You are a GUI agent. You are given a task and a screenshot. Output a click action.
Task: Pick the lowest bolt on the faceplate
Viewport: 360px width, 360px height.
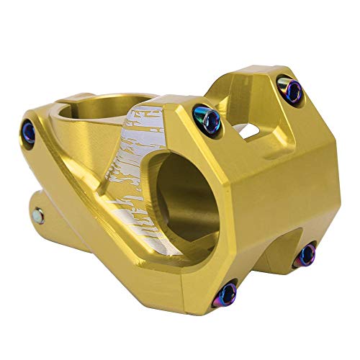point(228,292)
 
